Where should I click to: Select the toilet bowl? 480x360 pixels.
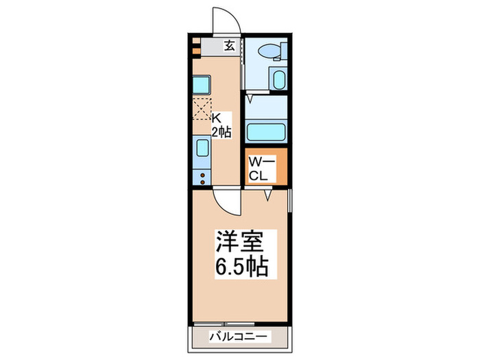[269, 50]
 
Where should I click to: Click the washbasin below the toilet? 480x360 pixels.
[278, 78]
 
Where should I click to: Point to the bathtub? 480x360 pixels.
[265, 130]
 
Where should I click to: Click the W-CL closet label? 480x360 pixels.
[261, 168]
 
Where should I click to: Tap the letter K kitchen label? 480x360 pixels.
[216, 117]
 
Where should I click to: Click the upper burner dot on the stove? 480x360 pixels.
[203, 174]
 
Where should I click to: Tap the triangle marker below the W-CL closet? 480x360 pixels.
[269, 195]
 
